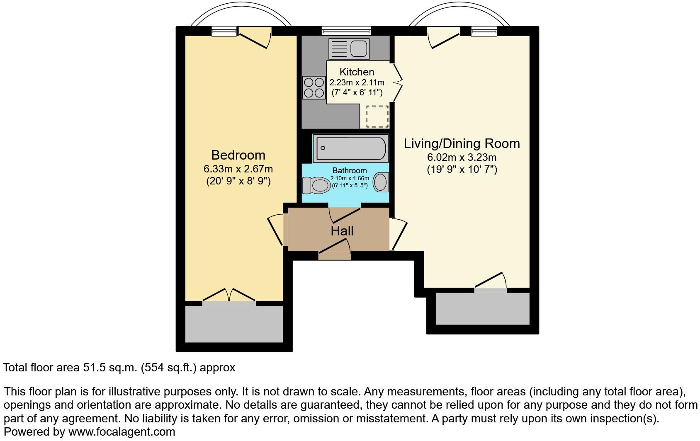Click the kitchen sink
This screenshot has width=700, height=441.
click(x=348, y=49)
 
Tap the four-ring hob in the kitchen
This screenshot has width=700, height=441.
click(x=314, y=87)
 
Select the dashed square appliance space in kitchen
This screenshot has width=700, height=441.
click(x=377, y=116)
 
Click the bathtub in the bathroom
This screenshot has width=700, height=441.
click(x=350, y=148)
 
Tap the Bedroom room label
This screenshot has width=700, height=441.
click(x=238, y=155)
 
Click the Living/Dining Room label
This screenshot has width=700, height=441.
click(x=462, y=143)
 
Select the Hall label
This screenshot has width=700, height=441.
click(x=342, y=231)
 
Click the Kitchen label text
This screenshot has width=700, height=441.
click(x=357, y=72)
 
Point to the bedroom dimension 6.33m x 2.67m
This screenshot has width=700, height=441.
click(x=238, y=169)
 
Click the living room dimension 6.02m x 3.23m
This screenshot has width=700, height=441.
click(x=462, y=157)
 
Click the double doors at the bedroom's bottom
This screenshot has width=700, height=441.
click(x=228, y=295)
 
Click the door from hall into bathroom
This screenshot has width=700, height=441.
click(x=344, y=213)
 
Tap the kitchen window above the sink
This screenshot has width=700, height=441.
click(x=346, y=30)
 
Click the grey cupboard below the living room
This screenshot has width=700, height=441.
click(x=482, y=309)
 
